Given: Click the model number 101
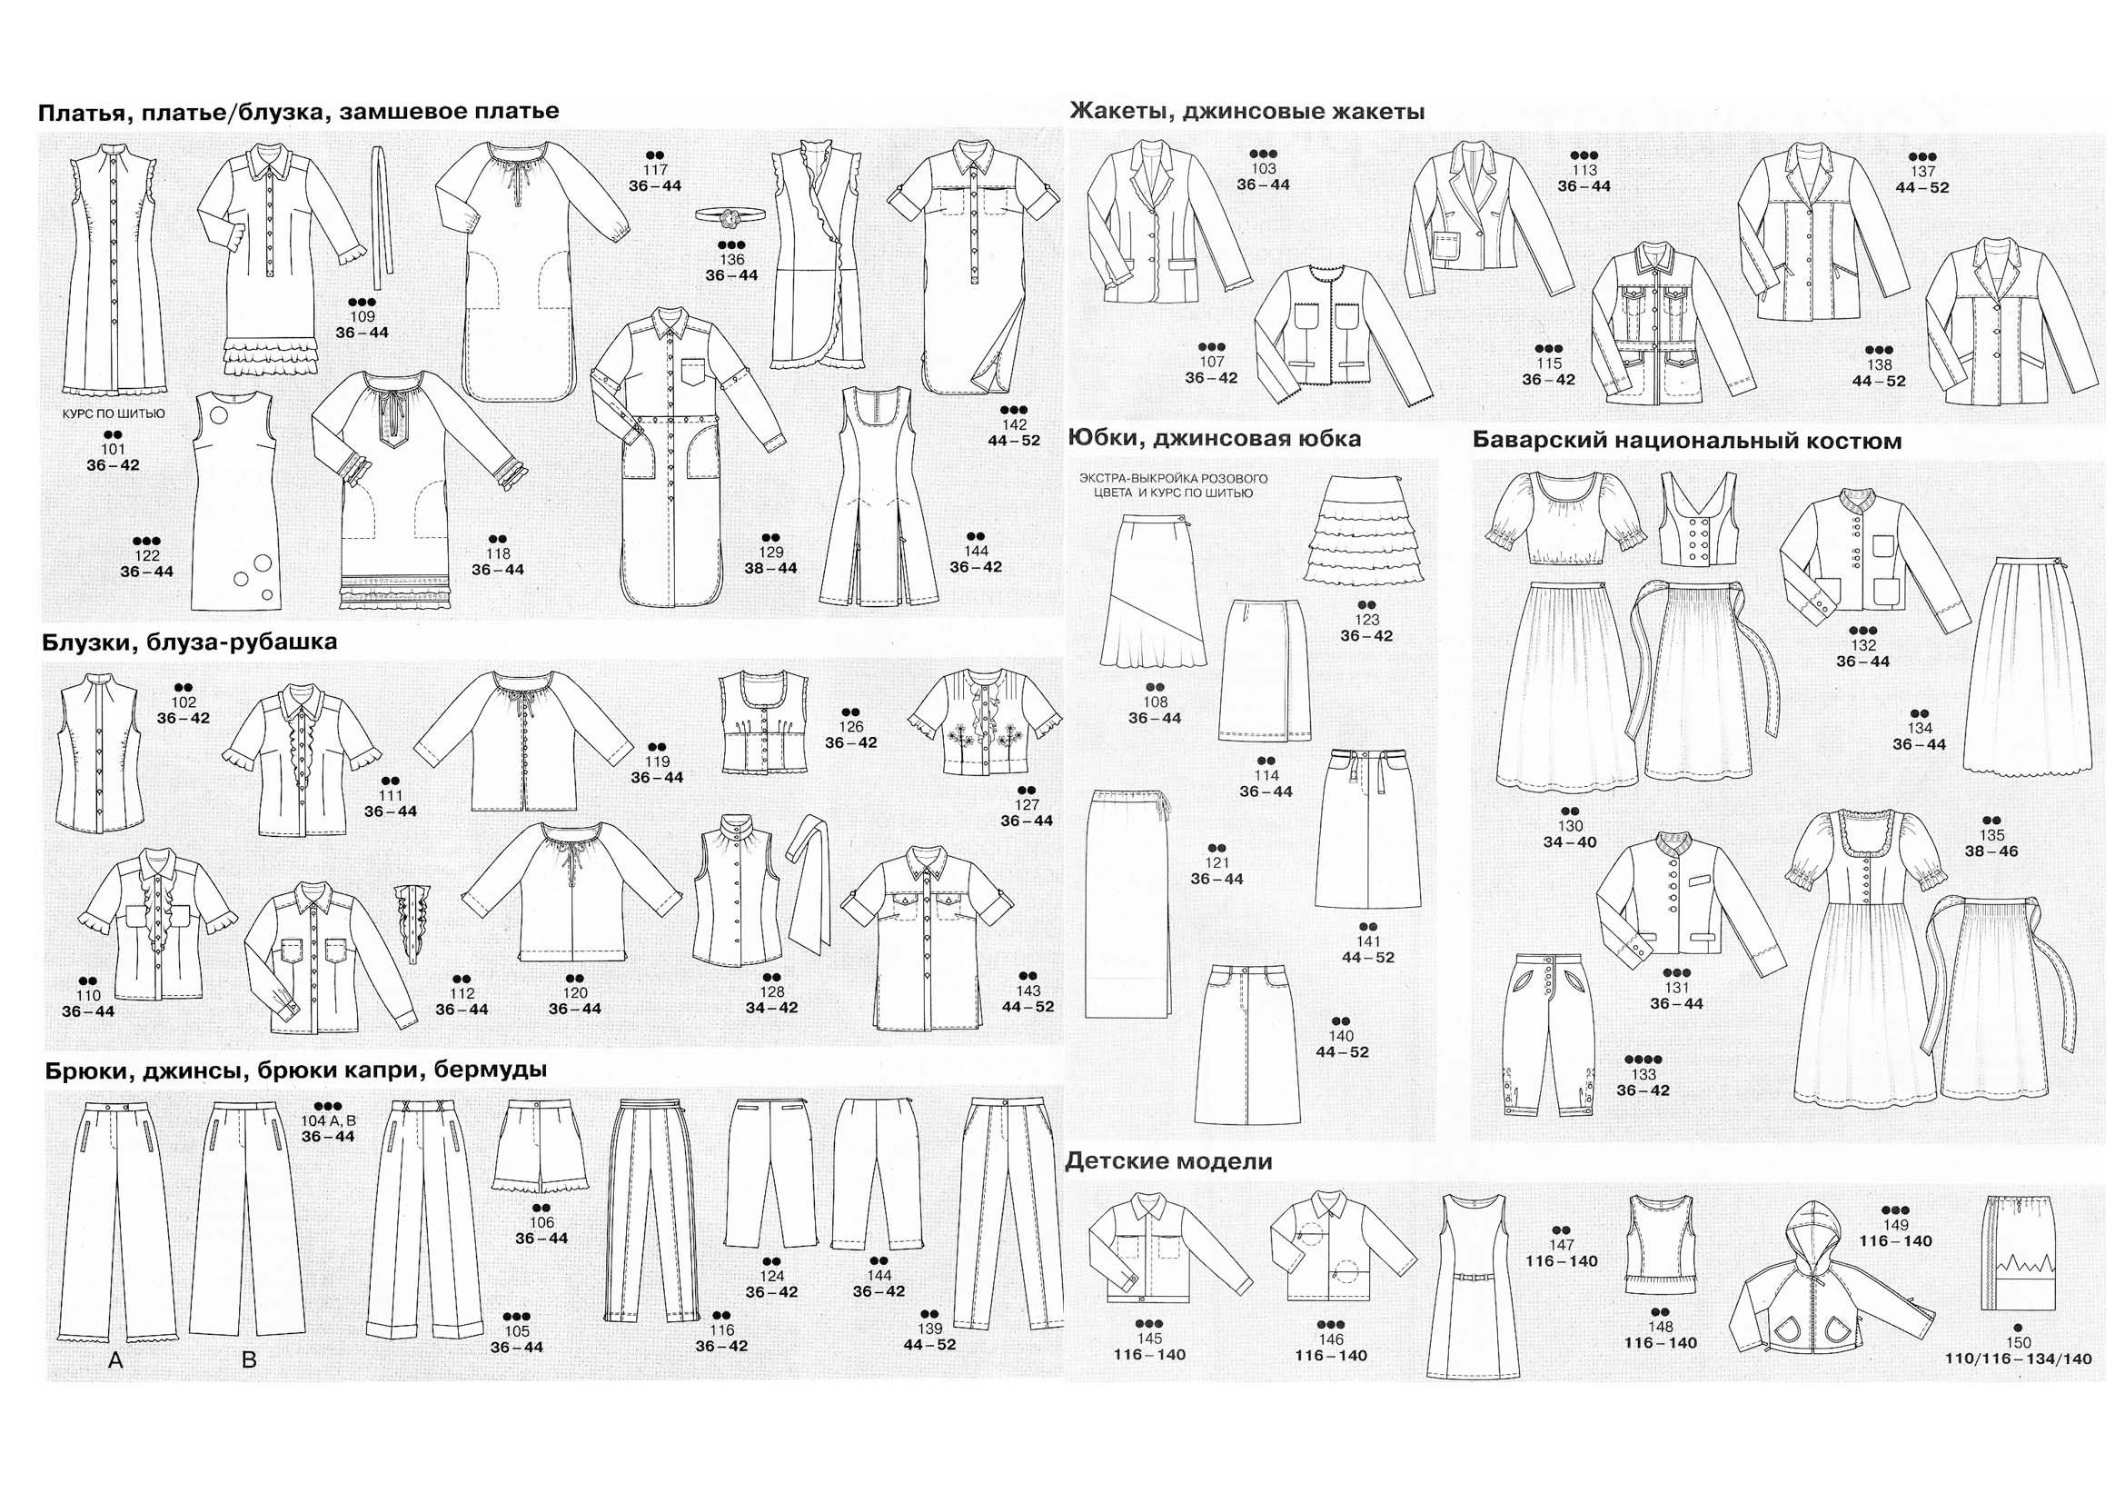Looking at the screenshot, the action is (x=113, y=450).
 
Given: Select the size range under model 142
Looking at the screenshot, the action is (x=1014, y=441).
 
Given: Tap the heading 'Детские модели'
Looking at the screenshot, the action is (x=1168, y=1161).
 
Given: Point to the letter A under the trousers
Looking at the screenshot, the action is (x=115, y=1359).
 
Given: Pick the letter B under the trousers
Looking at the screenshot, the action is (x=248, y=1359).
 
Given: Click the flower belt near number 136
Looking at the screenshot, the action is (x=731, y=214).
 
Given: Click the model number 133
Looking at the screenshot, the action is (x=1643, y=1074).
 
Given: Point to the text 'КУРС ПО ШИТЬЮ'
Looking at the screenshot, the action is (x=114, y=413).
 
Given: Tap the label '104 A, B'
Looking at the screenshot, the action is (x=329, y=1120).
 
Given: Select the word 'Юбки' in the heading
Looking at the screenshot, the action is (x=1098, y=438).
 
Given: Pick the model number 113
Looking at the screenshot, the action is (x=1584, y=170).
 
